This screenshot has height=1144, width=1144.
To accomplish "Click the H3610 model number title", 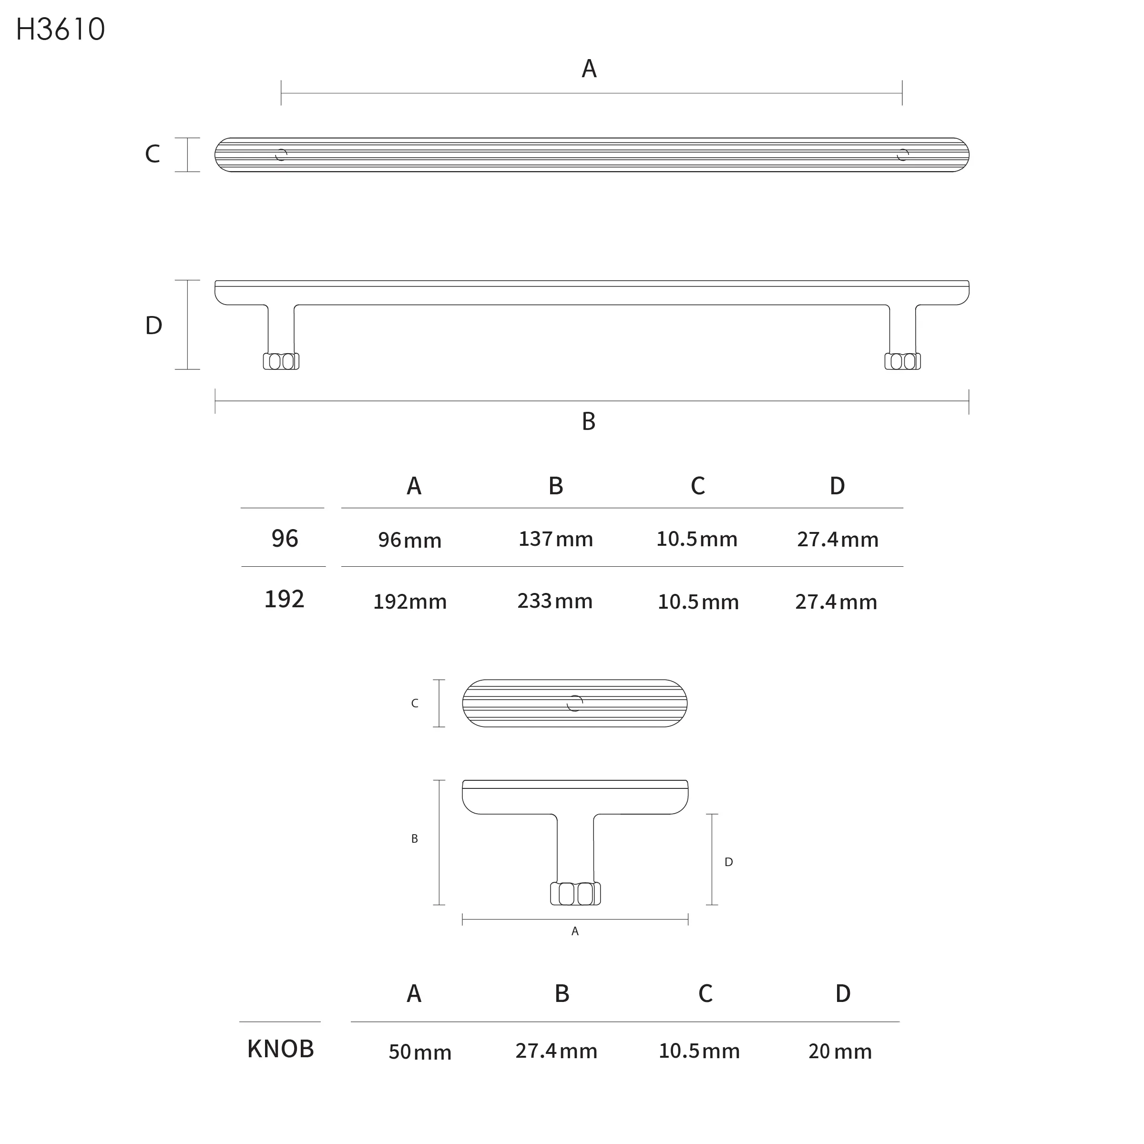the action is (x=61, y=29).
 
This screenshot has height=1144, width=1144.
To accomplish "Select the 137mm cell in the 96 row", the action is (x=555, y=539).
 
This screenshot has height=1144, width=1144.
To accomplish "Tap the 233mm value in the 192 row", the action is (x=555, y=601).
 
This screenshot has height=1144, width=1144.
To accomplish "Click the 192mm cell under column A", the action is (x=410, y=602).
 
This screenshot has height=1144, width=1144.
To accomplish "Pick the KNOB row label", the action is (x=280, y=1049).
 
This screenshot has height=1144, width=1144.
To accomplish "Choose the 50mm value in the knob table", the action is (x=420, y=1052).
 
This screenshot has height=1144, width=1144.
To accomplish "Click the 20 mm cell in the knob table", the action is (x=839, y=1051).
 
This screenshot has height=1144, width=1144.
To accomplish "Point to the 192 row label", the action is (x=284, y=599).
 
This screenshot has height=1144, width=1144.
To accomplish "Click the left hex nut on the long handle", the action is (x=281, y=361).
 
